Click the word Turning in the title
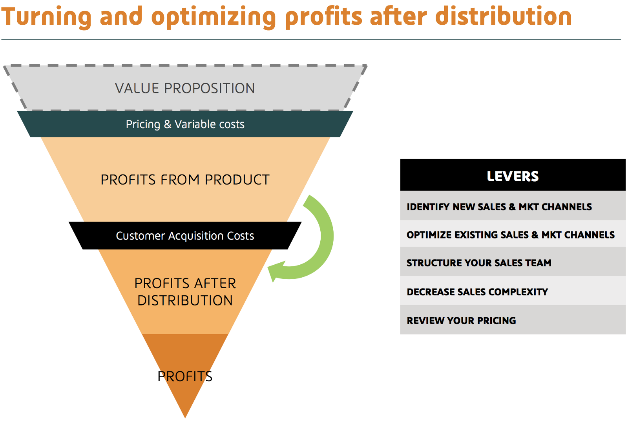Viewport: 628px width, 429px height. click(47, 16)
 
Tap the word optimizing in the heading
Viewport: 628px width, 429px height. click(214, 17)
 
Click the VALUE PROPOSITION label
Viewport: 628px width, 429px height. click(185, 88)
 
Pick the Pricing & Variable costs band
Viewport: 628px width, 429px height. click(185, 124)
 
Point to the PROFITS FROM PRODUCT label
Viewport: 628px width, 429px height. click(185, 180)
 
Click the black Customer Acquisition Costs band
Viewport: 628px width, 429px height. click(185, 236)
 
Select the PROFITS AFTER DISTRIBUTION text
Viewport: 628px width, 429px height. click(185, 292)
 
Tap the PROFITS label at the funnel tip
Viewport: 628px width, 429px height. click(185, 376)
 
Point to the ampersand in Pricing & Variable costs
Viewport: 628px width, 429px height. click(168, 124)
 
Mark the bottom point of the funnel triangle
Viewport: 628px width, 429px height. click(185, 418)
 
